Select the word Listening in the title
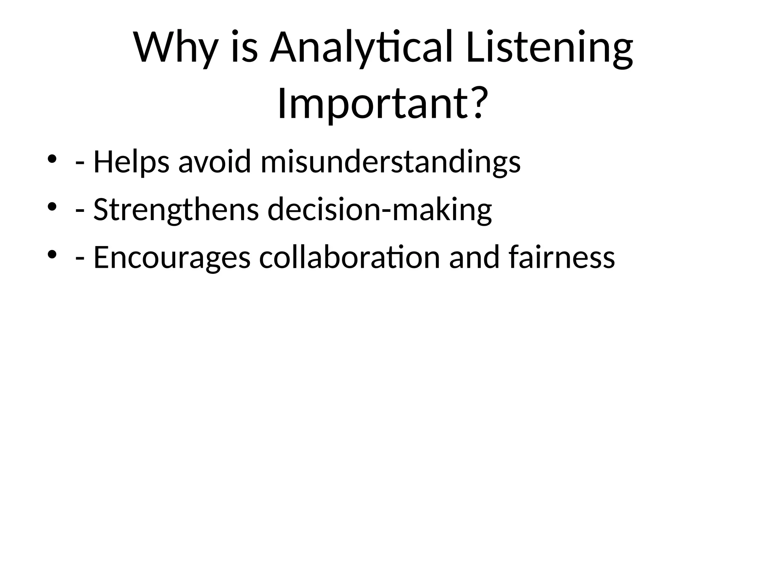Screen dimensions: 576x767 coord(549,48)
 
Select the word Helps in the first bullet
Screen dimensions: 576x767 coord(131,162)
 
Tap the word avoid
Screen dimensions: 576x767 coord(214,162)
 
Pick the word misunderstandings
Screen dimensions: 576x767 coord(390,162)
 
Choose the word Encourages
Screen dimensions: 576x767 coord(172,258)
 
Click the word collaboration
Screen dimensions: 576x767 coord(349,258)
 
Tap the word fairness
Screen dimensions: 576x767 coord(562,258)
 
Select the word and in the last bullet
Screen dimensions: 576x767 coord(474,258)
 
